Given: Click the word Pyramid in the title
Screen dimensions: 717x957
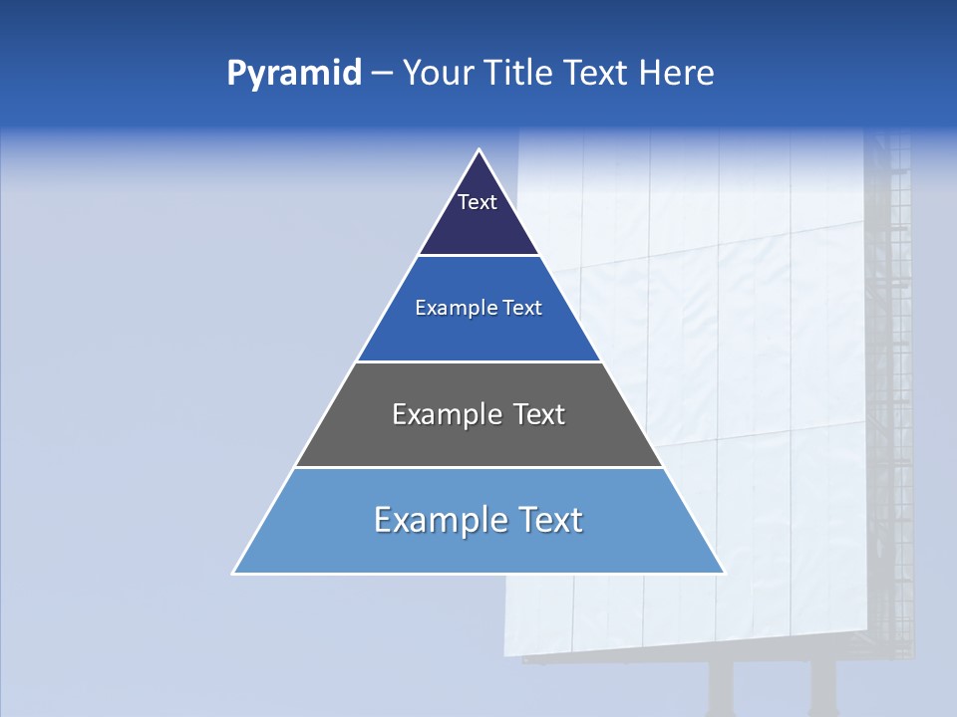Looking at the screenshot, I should click(293, 74).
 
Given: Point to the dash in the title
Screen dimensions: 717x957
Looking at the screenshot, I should click(382, 74).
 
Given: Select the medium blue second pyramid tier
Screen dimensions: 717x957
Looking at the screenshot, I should click(478, 334).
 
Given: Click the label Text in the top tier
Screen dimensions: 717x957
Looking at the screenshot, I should click(478, 202).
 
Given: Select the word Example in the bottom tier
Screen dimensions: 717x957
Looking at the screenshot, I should click(438, 520).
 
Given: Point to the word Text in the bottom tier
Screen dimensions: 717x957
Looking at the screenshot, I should click(549, 520).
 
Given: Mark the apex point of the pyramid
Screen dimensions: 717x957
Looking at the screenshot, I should click(478, 150).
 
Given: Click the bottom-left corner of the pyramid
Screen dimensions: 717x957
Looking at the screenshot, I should click(233, 574).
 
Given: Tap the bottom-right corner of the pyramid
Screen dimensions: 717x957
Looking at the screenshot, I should click(724, 574).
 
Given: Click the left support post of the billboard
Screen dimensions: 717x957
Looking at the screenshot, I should click(721, 687).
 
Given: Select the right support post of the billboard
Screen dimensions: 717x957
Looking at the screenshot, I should click(822, 687).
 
